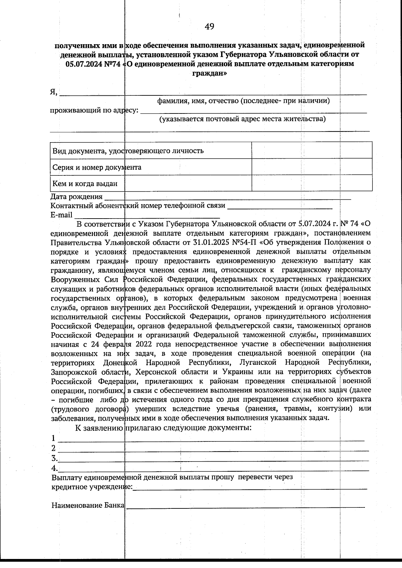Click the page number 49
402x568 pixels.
click(x=209, y=27)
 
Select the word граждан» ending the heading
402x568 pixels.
click(x=209, y=73)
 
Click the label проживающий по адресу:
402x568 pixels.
click(x=94, y=110)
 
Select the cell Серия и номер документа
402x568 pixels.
click(x=97, y=167)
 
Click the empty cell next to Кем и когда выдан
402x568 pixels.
click(x=312, y=183)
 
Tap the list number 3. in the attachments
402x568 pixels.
click(x=54, y=458)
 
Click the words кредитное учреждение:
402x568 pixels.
click(x=92, y=487)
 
